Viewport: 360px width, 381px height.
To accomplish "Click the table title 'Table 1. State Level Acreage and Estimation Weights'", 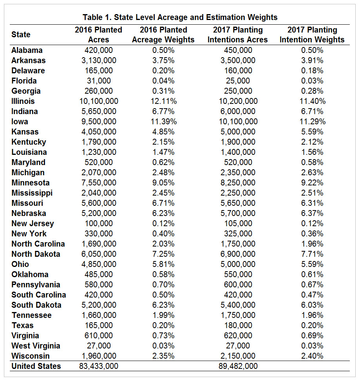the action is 180,17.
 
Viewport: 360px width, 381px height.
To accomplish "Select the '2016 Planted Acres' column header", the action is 99,34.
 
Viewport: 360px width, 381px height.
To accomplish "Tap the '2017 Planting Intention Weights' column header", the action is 312,34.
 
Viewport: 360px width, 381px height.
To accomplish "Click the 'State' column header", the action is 21,34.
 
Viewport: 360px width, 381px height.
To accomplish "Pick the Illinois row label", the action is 23,101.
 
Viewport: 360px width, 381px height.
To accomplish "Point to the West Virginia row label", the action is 36,345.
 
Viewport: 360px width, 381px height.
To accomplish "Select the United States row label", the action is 36,366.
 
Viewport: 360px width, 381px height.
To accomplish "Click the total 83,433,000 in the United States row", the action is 99,366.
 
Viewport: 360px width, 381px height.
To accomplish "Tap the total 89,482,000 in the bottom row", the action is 238,366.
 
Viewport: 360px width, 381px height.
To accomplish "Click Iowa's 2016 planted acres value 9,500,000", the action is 99,122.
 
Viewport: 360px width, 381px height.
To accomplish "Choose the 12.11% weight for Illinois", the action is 164,101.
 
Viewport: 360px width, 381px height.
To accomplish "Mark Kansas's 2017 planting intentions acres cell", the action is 238,132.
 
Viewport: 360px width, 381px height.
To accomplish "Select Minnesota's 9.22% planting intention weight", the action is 312,183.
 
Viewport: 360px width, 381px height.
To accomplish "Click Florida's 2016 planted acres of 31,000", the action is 99,81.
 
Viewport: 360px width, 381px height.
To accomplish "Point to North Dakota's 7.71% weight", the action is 312,254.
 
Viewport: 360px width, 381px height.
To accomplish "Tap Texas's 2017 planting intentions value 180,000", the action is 238,325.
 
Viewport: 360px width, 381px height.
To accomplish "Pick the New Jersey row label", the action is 33,223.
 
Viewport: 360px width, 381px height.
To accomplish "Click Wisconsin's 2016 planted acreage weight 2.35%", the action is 164,356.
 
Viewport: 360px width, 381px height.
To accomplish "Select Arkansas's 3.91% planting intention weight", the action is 312,60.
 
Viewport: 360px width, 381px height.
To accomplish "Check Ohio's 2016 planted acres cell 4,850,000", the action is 99,264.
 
